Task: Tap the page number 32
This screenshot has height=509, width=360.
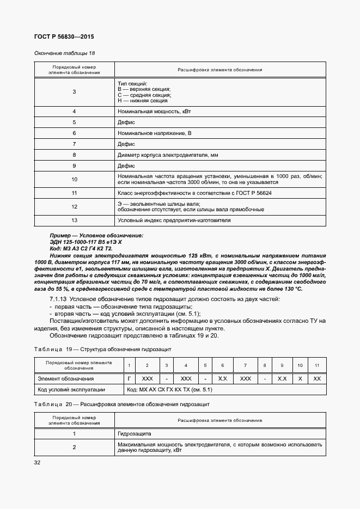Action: coord(38,463)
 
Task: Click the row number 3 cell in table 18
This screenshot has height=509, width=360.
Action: coord(74,92)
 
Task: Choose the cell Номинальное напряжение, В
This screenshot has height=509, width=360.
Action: coord(155,133)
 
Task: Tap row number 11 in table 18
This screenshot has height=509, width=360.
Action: coord(74,193)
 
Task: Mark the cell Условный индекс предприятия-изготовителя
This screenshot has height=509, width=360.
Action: coord(174,220)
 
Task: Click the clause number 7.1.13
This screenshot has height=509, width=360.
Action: coord(58,302)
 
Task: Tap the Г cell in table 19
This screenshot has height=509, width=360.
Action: coord(129,378)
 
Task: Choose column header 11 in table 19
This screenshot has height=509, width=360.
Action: coord(318,365)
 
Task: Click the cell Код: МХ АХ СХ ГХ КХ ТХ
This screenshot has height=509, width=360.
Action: coord(169,390)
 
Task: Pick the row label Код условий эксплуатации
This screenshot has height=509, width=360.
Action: coord(71,390)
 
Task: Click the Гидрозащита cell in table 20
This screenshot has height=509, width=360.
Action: coord(135,434)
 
